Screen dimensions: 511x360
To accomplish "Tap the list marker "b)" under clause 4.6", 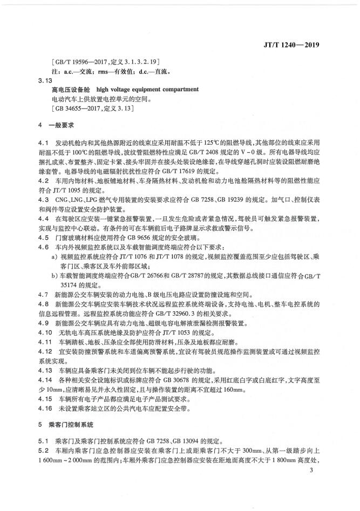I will (x=55, y=276).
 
